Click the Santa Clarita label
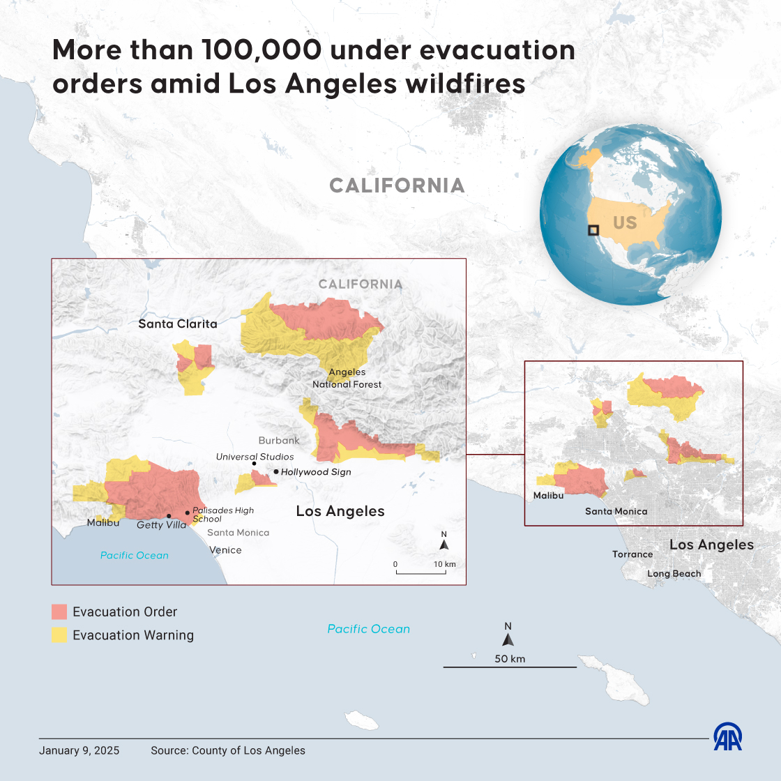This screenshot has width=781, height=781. tap(178, 324)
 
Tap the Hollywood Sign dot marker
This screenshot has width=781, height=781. tap(276, 472)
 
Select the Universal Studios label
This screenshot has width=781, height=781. tap(255, 457)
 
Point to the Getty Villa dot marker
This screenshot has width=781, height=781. tap(169, 516)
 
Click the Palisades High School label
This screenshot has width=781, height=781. tap(222, 515)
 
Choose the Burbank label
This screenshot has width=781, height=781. tap(279, 441)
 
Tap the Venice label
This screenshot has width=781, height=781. tap(225, 550)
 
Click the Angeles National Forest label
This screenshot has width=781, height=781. tap(347, 378)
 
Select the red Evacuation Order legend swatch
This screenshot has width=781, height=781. tap(59, 612)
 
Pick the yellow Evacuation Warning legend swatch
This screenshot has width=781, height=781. tap(59, 635)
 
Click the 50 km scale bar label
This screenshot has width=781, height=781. tap(510, 659)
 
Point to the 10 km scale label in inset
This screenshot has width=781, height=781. tap(444, 564)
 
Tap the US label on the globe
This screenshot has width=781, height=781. tap(625, 222)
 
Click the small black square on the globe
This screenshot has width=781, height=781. tap(593, 230)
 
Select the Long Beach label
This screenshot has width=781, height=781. tap(674, 574)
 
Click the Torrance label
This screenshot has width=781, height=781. tap(632, 554)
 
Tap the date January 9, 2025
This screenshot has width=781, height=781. tap(79, 751)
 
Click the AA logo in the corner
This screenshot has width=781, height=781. tap(727, 737)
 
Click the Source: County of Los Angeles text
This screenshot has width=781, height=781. tap(228, 751)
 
